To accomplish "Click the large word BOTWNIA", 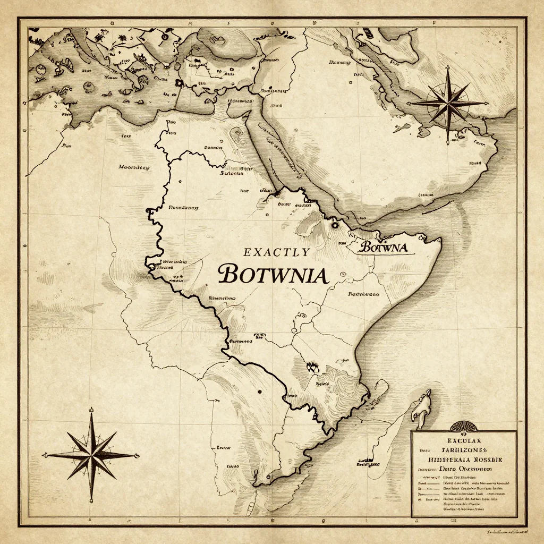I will tap(273, 274).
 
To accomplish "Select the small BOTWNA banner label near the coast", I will tap(383, 248).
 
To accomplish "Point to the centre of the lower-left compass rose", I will tap(91, 455).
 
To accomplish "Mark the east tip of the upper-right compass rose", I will tap(484, 103).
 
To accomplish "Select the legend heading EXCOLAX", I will tap(463, 441).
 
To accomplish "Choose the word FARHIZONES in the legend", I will tap(463, 450).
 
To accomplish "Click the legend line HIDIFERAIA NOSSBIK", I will tap(463, 460).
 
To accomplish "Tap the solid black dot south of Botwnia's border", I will tap(259, 392).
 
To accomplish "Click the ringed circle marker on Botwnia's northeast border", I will tap(335, 225).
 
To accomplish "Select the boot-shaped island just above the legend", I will tap(421, 406).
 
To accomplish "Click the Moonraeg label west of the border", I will tap(134, 167).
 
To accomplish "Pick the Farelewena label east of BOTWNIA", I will tap(363, 294).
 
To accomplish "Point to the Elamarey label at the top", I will tap(340, 62).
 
